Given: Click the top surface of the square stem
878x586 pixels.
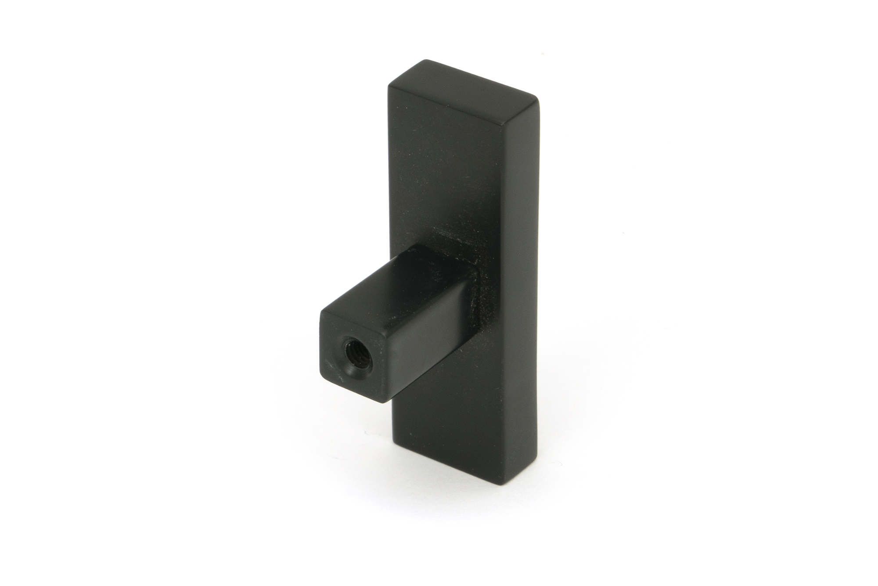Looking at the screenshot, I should pos(395,281).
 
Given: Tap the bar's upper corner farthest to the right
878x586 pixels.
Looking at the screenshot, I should pos(538,101).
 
